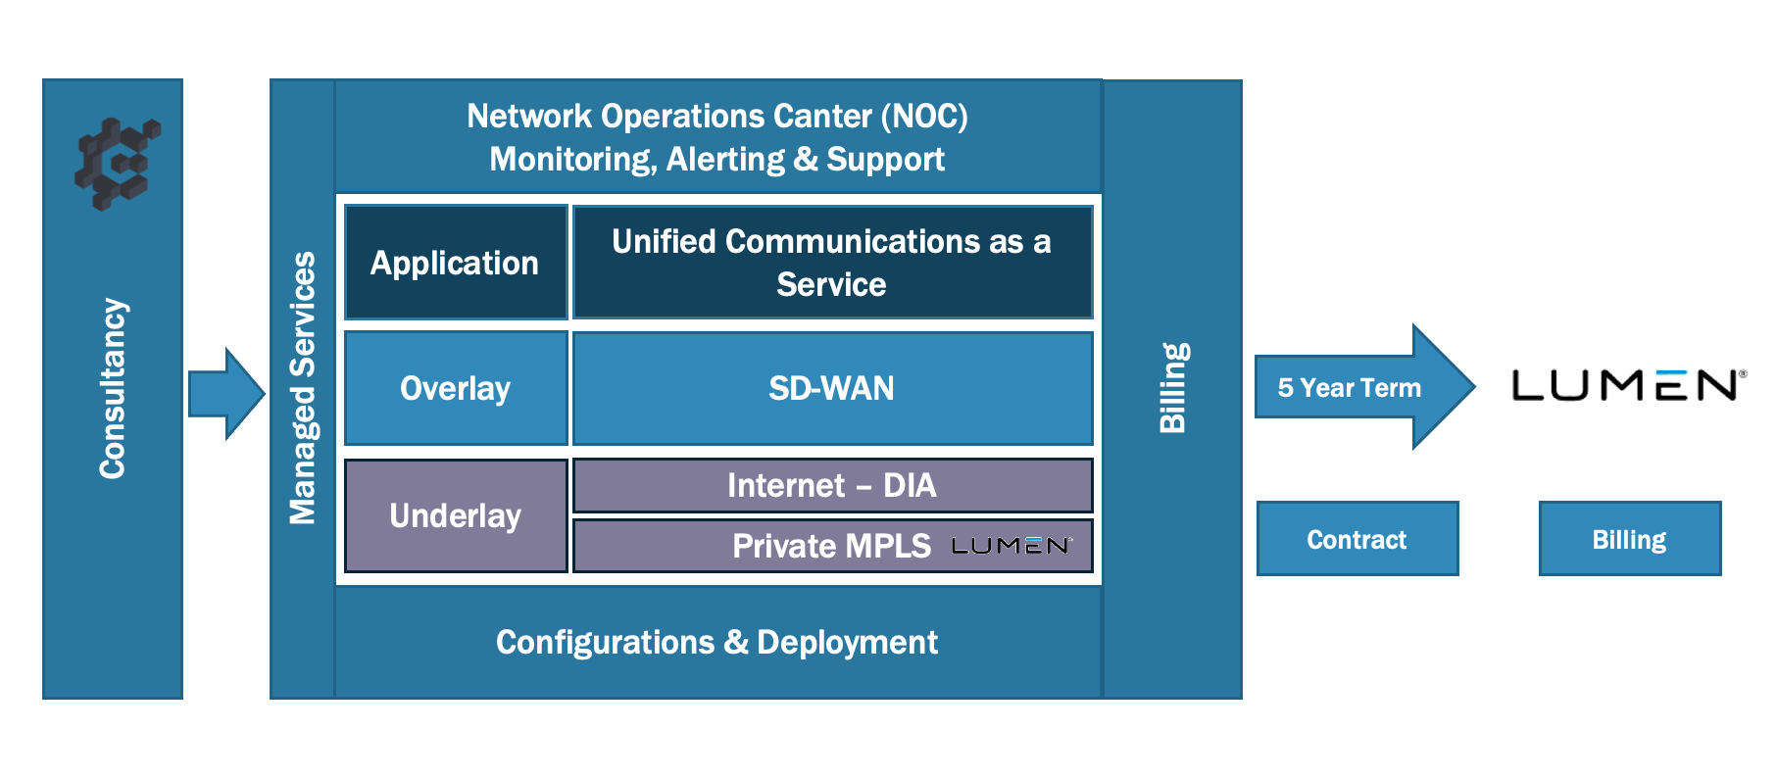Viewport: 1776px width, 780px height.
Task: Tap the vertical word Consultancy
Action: (113, 389)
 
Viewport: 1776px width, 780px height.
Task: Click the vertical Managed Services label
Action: (303, 388)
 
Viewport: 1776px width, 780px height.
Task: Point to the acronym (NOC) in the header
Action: (924, 117)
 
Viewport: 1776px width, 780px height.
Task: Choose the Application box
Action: (456, 263)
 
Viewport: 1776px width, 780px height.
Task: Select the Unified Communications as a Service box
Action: (831, 263)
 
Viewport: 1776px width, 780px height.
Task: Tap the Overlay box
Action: (456, 388)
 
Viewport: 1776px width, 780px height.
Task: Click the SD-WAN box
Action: (831, 388)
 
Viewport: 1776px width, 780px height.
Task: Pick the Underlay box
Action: (456, 515)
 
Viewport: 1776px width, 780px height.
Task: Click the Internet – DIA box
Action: (831, 485)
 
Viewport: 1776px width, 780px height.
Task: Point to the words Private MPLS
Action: (831, 546)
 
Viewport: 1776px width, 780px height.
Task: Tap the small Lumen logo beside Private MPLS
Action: (1011, 546)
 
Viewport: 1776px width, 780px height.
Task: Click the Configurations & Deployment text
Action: (716, 643)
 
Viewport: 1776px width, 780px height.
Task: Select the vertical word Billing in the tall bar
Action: (1173, 388)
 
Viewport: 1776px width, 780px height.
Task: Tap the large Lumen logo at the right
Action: (1628, 385)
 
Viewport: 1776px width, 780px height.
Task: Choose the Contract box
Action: (1357, 539)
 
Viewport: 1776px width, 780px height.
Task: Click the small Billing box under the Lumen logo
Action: (1629, 539)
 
